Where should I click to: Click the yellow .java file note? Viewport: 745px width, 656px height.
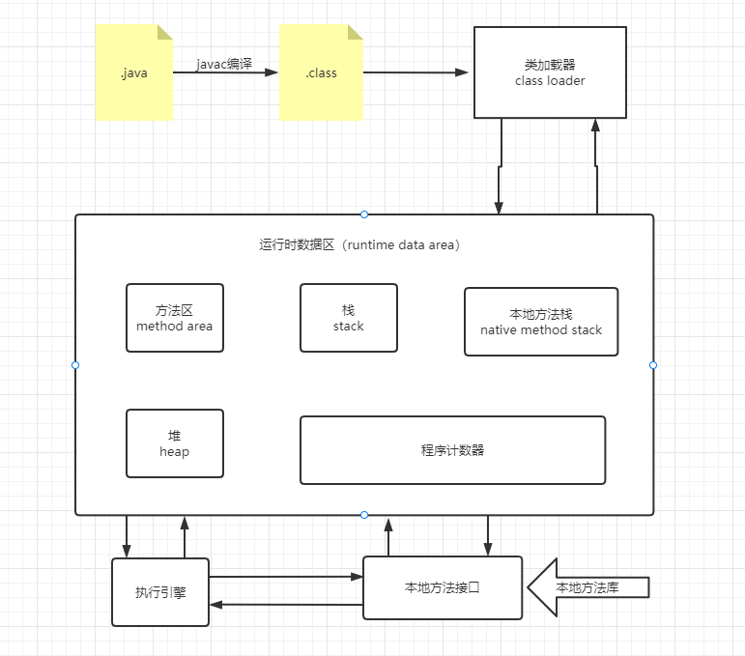[134, 73]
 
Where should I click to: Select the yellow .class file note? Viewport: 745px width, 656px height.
[321, 73]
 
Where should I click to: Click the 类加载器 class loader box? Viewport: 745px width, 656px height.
[550, 72]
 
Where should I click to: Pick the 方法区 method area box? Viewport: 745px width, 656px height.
[174, 318]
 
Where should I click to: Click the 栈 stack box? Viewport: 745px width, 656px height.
[348, 318]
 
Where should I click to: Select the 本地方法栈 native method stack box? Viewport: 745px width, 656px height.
[540, 322]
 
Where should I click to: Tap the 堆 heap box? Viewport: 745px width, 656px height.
[174, 443]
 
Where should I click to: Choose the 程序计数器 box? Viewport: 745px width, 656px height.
[452, 450]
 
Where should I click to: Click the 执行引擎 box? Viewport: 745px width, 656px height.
[160, 592]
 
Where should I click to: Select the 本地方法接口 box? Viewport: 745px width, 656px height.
[442, 587]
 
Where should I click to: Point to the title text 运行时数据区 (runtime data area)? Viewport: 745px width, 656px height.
[359, 245]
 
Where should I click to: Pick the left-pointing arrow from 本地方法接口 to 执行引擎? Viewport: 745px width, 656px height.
[285, 605]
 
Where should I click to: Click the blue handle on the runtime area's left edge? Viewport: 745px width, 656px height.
[75, 365]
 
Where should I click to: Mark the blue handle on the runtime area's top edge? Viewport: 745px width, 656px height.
[364, 214]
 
